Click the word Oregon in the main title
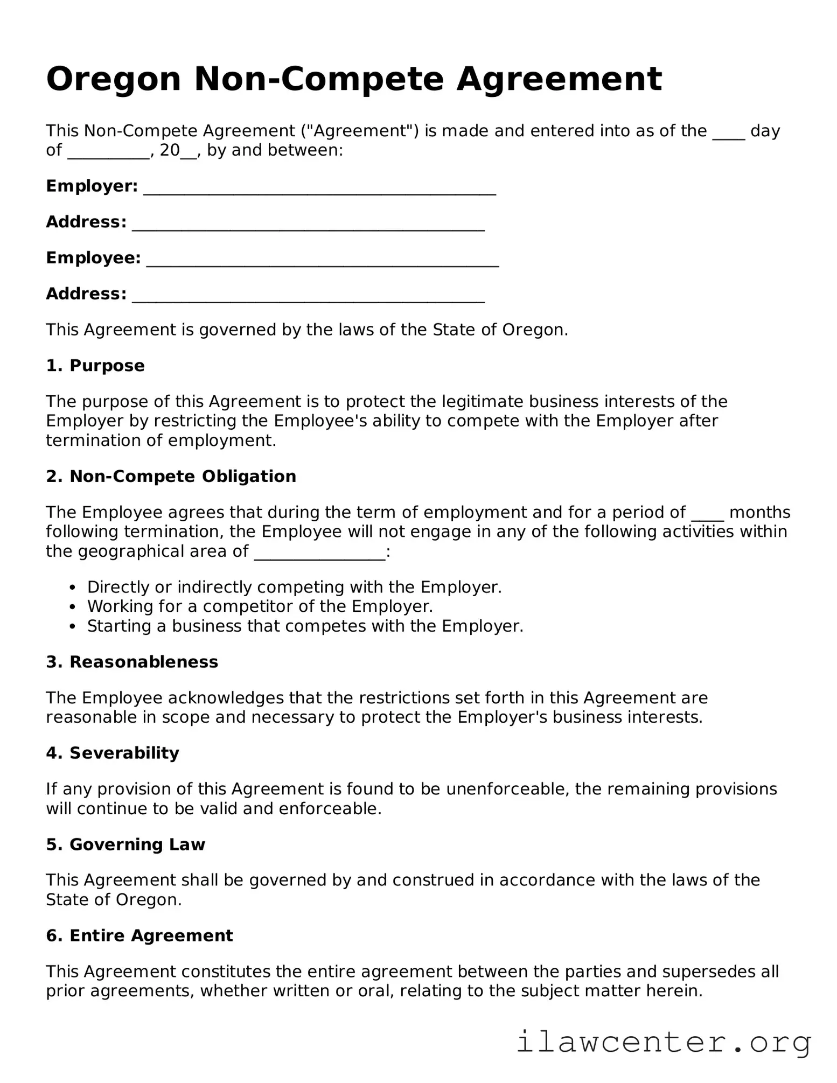point(113,80)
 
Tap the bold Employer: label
point(92,186)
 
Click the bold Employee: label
point(93,258)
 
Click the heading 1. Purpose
point(95,366)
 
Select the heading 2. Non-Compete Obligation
point(171,477)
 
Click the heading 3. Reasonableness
point(132,662)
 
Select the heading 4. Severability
point(113,753)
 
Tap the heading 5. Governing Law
point(125,844)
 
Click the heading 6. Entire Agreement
point(139,935)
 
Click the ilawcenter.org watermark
point(664,1042)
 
